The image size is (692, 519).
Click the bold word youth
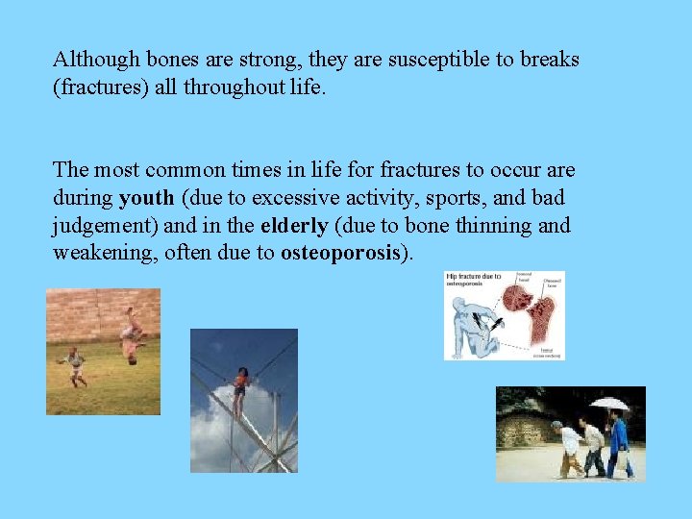pyautogui.click(x=146, y=198)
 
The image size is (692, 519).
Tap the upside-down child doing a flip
pyautogui.click(x=131, y=336)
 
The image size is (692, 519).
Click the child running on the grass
pyautogui.click(x=74, y=365)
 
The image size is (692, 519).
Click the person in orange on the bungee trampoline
pyautogui.click(x=240, y=384)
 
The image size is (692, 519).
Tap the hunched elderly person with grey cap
pyautogui.click(x=569, y=447)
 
